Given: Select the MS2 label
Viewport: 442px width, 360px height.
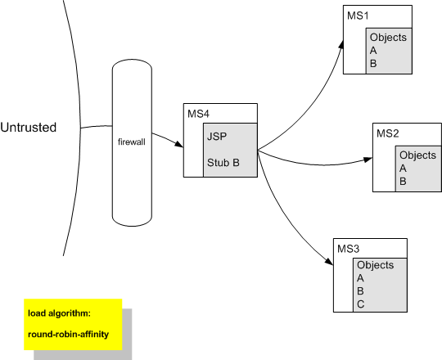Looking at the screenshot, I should pyautogui.click(x=387, y=133).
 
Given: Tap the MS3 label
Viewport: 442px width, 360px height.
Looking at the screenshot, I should pyautogui.click(x=348, y=246).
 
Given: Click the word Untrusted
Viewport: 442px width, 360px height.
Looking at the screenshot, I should pyautogui.click(x=29, y=128).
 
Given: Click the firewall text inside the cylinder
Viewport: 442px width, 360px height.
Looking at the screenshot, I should pyautogui.click(x=132, y=143).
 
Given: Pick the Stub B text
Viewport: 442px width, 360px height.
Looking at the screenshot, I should pyautogui.click(x=223, y=163).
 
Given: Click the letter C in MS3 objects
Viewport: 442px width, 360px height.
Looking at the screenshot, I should pyautogui.click(x=361, y=304).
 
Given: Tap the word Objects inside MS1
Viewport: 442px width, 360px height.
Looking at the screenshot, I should pyautogui.click(x=388, y=38).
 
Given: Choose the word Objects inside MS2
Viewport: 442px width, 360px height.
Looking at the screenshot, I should pyautogui.click(x=417, y=155).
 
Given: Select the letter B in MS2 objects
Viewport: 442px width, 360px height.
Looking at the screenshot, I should pyautogui.click(x=402, y=182).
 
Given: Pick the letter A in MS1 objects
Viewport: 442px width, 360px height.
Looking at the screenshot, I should pyautogui.click(x=373, y=50).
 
